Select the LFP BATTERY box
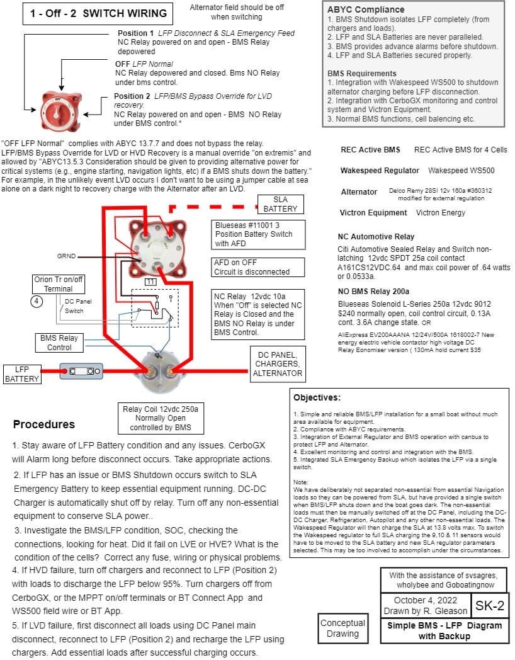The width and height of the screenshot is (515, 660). tap(22, 373)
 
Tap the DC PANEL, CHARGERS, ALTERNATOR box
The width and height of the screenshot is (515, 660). tap(278, 363)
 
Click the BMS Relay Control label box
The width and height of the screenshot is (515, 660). tap(60, 343)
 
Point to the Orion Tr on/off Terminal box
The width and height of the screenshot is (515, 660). tap(58, 283)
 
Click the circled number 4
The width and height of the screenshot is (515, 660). tap(36, 300)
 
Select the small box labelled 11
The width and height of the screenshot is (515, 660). tap(150, 282)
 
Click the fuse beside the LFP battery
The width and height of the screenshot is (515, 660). tap(81, 372)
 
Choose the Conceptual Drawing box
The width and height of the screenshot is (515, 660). tap(342, 628)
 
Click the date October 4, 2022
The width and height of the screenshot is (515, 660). tap(426, 600)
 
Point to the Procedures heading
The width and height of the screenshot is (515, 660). tap(44, 424)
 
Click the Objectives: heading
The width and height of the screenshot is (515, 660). tap(317, 397)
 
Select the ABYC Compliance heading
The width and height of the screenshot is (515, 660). tap(366, 9)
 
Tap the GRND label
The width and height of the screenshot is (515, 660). tap(67, 256)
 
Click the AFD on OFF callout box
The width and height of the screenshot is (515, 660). tap(251, 267)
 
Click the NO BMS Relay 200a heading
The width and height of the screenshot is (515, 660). tap(373, 291)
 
